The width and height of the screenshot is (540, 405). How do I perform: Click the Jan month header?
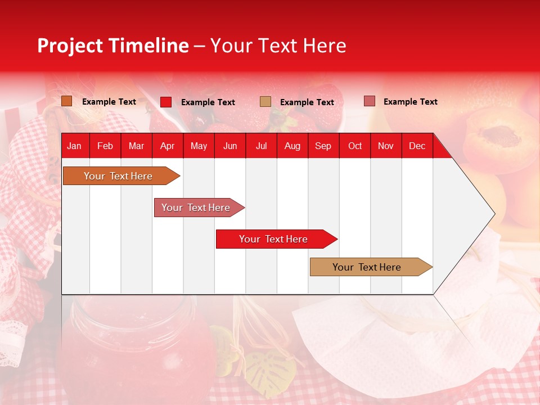pos(74,146)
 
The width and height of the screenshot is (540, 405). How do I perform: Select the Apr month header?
pos(167,146)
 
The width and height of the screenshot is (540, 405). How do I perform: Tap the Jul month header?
pos(261,146)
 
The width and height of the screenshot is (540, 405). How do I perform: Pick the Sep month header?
pos(323,146)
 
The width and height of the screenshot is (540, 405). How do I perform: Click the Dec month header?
pos(417,146)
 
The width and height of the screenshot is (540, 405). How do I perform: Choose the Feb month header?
pos(105,146)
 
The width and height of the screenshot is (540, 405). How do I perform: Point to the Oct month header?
pos(355,146)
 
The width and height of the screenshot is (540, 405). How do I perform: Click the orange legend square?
pos(67,101)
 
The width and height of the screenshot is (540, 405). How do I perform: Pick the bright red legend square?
pos(166,102)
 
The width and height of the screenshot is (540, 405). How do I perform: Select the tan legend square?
pos(265,102)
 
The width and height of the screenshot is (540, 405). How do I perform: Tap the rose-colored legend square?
pos(370,101)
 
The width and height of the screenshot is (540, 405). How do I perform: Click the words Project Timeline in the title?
pos(112,46)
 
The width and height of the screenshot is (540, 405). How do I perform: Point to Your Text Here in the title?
pos(278,46)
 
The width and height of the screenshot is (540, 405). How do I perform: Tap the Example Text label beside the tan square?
pos(307,102)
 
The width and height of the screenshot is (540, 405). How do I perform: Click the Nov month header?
pos(386,146)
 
